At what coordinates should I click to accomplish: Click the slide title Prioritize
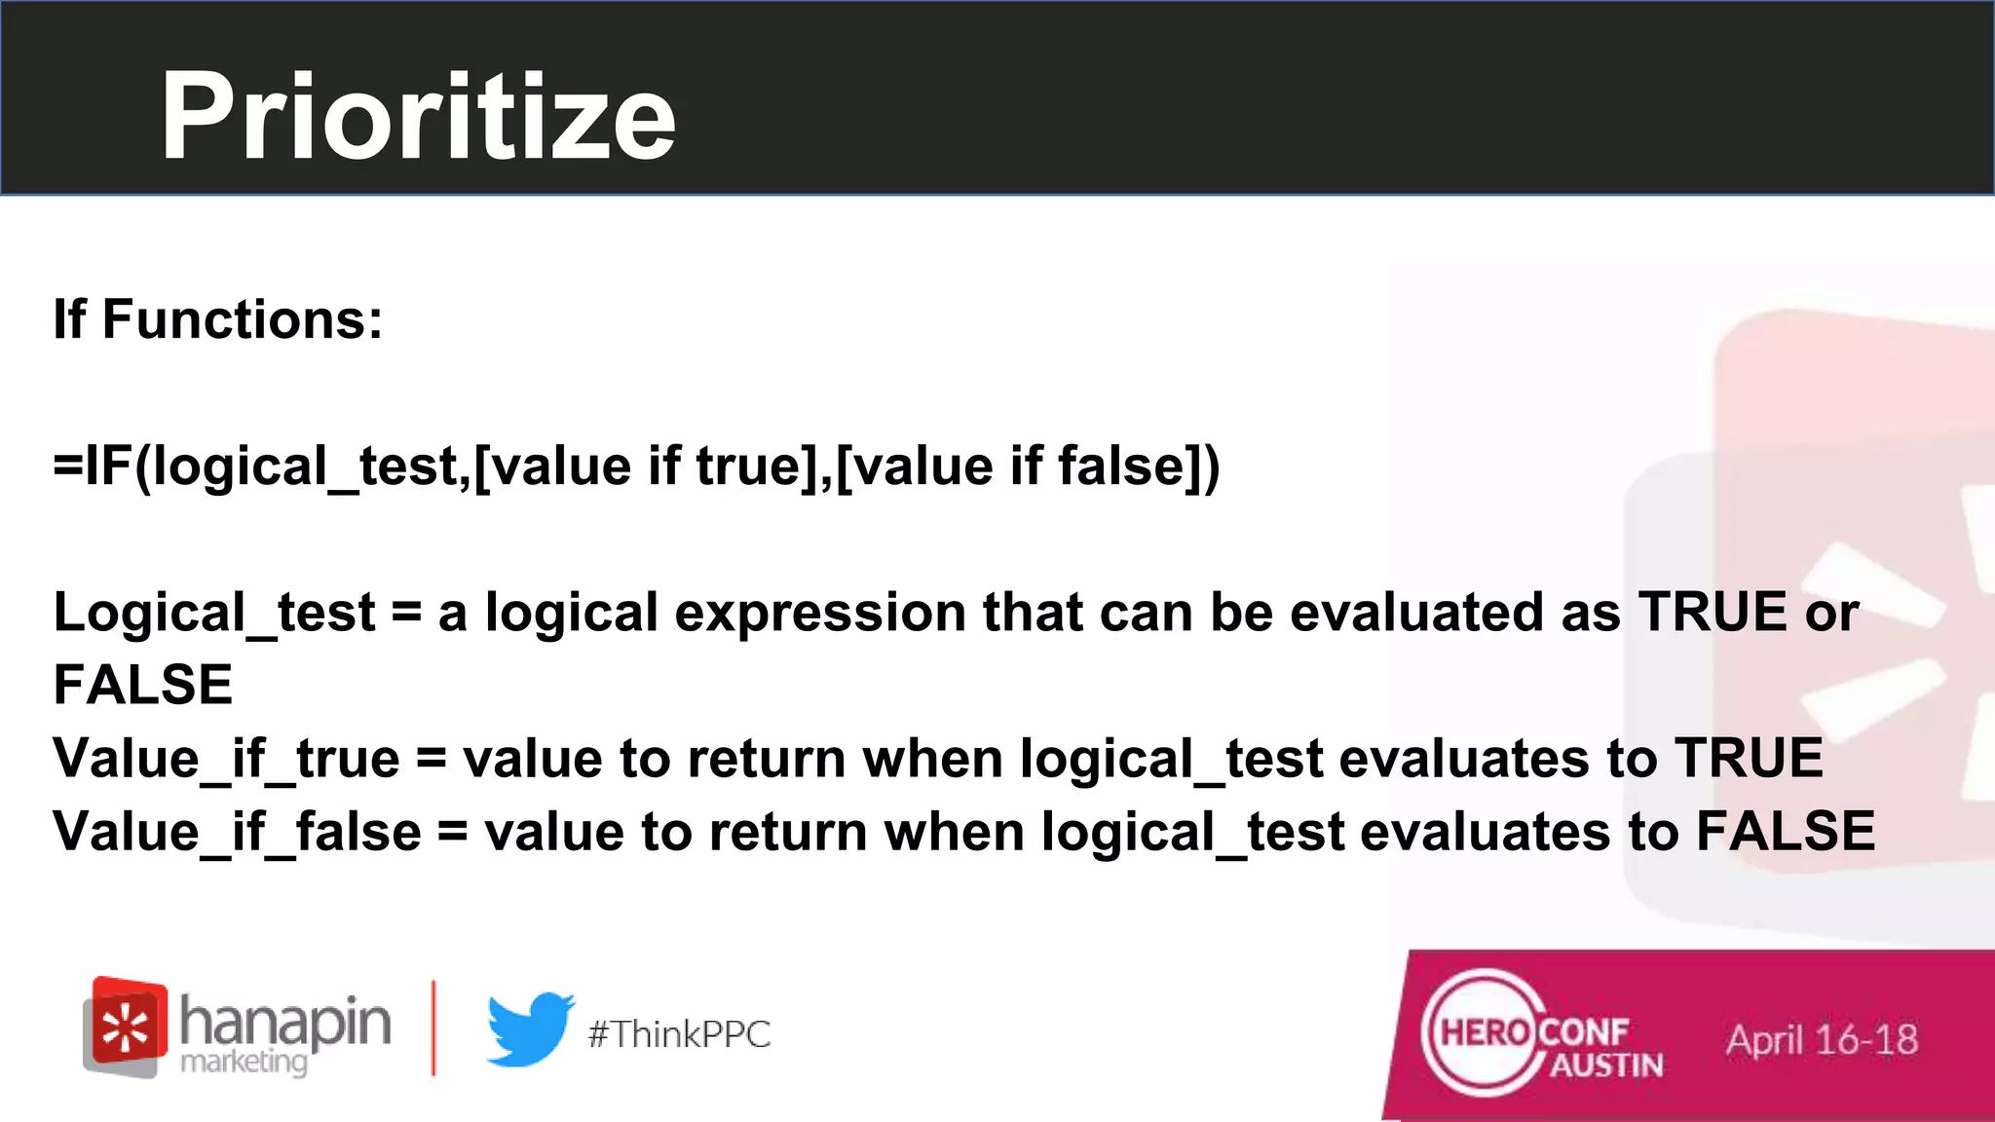418,118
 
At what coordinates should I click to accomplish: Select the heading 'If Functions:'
218,319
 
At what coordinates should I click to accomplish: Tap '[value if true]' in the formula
646,466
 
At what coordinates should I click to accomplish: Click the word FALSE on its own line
143,685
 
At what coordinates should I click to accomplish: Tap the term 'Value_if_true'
226,759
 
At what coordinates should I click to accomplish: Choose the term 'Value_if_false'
237,832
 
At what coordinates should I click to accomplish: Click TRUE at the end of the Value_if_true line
1749,759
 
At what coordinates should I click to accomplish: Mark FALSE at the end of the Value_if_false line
1786,832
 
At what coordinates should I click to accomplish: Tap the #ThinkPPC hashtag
679,1034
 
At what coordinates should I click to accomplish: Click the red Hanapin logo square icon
126,1025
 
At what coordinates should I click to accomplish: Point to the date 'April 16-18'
1822,1040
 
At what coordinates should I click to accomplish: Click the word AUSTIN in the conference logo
1606,1066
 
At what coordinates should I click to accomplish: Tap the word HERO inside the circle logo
1485,1032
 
